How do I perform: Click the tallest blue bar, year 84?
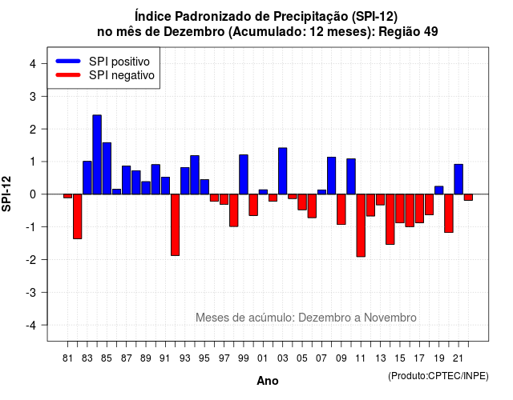[97, 154]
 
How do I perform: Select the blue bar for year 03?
[283, 171]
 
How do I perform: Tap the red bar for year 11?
[361, 226]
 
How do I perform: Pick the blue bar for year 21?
[458, 179]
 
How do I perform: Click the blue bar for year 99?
[244, 174]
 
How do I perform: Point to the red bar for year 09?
[341, 210]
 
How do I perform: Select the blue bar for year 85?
[107, 169]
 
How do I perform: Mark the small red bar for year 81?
[67, 196]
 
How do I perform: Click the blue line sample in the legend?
[68, 61]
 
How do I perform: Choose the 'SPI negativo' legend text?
[122, 75]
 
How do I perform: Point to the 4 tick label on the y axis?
[33, 64]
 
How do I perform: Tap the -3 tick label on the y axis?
[31, 292]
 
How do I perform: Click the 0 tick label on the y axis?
[33, 194]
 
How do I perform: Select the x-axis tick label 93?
[185, 358]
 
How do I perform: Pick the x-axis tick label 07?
[321, 358]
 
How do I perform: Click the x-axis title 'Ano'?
[268, 381]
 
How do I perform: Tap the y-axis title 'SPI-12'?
[6, 194]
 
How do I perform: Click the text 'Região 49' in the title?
[408, 32]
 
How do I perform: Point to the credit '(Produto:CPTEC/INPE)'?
[438, 376]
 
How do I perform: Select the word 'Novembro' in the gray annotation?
[390, 318]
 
